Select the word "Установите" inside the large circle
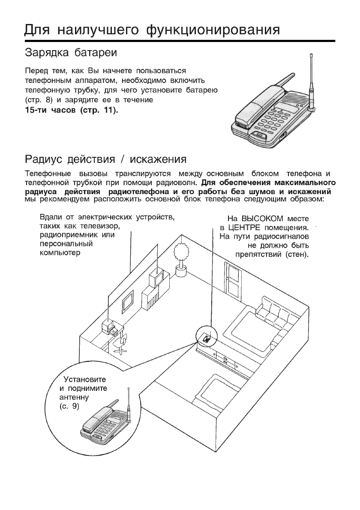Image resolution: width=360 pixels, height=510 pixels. click(84, 380)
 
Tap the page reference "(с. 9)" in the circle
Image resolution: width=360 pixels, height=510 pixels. click(68, 405)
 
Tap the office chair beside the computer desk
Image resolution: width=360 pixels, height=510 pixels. click(122, 342)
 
